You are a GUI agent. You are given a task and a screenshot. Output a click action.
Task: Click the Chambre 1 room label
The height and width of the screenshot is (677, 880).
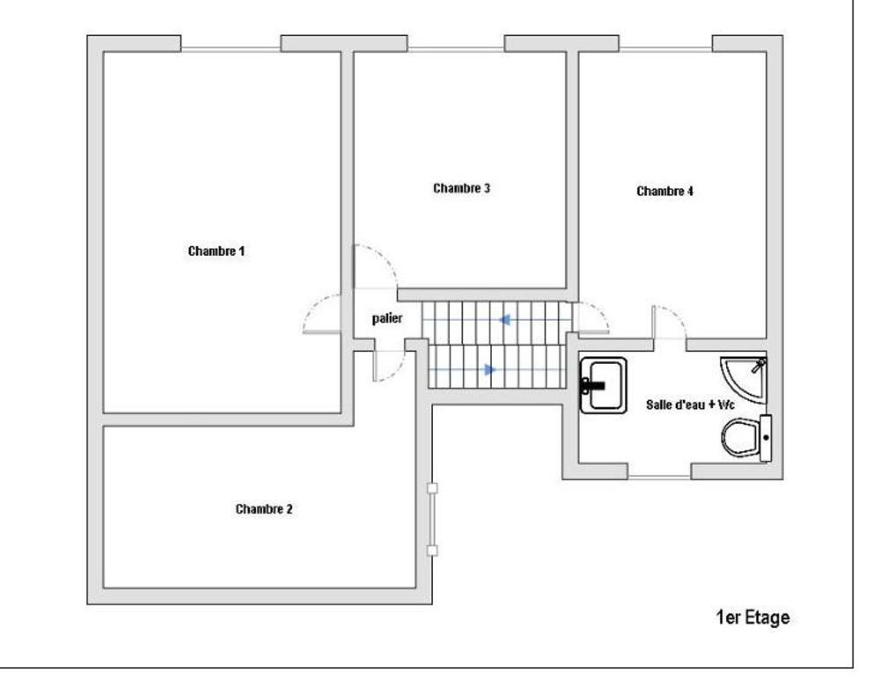(216, 251)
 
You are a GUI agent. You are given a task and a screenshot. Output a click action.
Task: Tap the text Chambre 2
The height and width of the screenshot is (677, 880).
(264, 509)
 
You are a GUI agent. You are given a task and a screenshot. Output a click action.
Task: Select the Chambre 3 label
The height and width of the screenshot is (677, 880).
(461, 188)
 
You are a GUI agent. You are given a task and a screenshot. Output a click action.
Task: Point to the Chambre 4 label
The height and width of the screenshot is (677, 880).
(665, 191)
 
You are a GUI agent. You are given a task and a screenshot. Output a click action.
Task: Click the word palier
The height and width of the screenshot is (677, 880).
(387, 319)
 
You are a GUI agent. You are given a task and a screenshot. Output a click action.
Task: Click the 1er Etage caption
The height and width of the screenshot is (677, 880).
(753, 618)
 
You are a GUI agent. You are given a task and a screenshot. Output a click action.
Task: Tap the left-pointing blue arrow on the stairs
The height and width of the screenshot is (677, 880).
(505, 320)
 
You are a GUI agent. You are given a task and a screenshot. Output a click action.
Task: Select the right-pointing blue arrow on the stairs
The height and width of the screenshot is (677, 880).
(488, 370)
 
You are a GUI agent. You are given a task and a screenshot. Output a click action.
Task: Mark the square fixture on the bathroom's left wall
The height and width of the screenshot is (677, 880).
(603, 384)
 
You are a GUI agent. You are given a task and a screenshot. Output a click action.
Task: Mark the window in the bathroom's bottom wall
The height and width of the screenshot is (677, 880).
(659, 476)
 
